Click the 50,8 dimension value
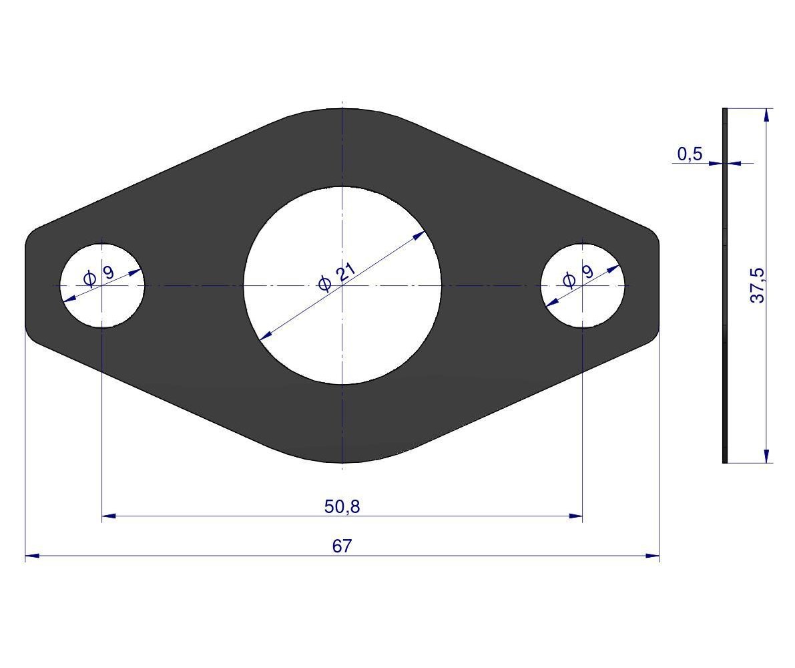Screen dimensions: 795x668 [342, 506]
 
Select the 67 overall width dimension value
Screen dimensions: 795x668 [342, 546]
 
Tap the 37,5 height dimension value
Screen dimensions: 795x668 [757, 285]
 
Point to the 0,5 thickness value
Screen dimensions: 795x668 [690, 153]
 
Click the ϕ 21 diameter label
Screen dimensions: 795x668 [336, 277]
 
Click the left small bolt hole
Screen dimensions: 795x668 [102, 285]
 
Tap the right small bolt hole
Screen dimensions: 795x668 [583, 285]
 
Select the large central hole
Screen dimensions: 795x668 [342, 285]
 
